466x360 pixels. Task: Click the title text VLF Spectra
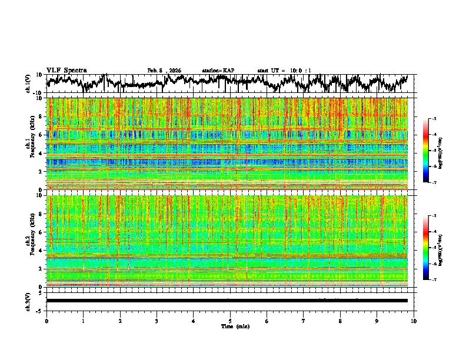[66, 70]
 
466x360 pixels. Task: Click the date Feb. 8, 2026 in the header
[164, 71]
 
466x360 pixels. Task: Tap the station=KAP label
[218, 71]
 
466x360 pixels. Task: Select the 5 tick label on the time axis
[230, 321]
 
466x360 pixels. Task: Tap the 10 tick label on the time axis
[414, 321]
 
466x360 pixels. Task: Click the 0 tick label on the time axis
[46, 321]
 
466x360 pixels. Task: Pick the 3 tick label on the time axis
[157, 321]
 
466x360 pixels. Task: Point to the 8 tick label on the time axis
[340, 321]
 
